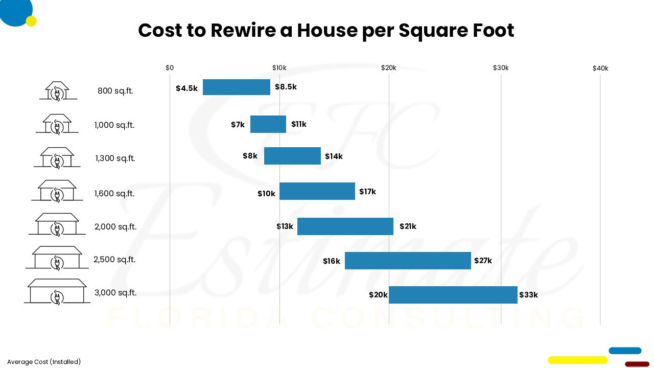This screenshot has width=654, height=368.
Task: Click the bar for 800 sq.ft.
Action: pyautogui.click(x=236, y=87)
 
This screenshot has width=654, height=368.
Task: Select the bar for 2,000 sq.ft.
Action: pyautogui.click(x=345, y=226)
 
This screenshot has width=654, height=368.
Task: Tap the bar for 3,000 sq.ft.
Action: pyautogui.click(x=453, y=295)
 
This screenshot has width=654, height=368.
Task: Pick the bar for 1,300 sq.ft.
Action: pyautogui.click(x=292, y=156)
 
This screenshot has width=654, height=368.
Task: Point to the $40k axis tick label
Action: pyautogui.click(x=600, y=68)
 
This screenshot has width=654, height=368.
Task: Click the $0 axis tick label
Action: pyautogui.click(x=170, y=68)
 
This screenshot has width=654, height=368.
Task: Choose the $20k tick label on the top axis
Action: pyautogui.click(x=388, y=68)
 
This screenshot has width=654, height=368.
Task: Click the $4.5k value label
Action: pyautogui.click(x=186, y=88)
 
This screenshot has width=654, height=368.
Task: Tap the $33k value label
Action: pyautogui.click(x=528, y=295)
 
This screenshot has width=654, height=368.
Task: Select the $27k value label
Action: pyautogui.click(x=483, y=261)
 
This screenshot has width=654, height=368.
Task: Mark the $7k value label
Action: pyautogui.click(x=238, y=125)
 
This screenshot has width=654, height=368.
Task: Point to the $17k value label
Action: pyautogui.click(x=367, y=192)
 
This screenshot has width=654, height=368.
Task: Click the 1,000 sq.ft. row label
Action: pyautogui.click(x=114, y=125)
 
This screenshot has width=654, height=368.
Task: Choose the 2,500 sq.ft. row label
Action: pyautogui.click(x=114, y=260)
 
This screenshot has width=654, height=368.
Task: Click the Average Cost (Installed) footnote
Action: pyautogui.click(x=44, y=362)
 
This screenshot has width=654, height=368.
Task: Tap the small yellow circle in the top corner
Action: pyautogui.click(x=31, y=21)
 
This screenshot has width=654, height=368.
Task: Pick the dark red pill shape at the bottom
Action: pyautogui.click(x=637, y=364)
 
